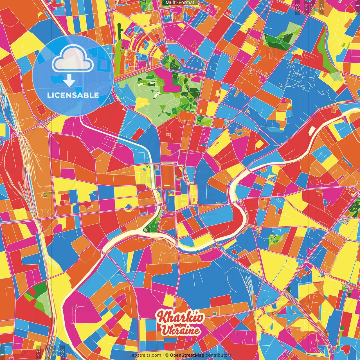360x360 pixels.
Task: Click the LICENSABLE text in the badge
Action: [x=73, y=95]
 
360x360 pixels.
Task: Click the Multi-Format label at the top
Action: [x=180, y=3]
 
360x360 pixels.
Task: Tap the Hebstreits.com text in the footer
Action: [x=145, y=355]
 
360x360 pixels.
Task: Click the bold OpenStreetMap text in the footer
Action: [x=187, y=355]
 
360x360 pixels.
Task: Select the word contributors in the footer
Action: [x=219, y=355]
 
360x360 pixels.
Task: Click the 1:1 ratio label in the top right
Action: [x=357, y=6]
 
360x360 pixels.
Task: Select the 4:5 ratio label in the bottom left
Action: [x=38, y=353]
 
